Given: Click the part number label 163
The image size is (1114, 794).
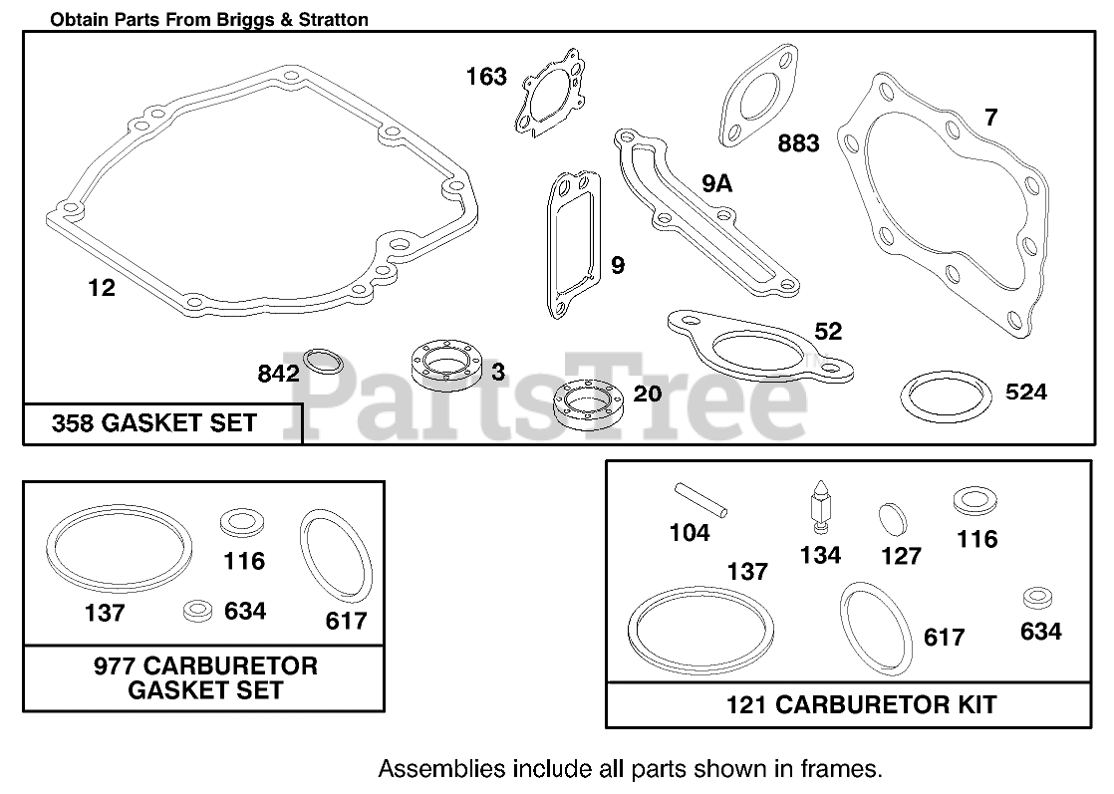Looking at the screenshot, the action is point(486,76).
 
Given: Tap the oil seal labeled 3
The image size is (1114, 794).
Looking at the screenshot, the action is point(446,366).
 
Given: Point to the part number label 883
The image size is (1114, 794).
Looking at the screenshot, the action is point(798,143).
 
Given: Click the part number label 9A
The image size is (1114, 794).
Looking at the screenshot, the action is point(716,184).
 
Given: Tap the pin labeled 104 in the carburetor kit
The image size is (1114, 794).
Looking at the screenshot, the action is point(700,499).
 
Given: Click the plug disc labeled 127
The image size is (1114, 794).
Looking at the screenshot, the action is point(893,519).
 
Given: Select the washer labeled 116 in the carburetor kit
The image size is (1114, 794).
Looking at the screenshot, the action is point(975,501).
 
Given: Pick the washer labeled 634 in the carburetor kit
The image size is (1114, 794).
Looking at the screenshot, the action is point(1037,598).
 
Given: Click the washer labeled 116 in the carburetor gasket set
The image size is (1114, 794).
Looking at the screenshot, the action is point(242,523).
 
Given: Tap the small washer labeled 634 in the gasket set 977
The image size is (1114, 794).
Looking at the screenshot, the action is point(197,611).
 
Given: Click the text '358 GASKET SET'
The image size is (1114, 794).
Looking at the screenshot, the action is point(154,423).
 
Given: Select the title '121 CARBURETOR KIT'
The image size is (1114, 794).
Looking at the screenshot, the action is point(861,704).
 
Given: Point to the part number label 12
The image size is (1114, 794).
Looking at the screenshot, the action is point(102,288).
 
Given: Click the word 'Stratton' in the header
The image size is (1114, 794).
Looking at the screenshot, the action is point(333,19).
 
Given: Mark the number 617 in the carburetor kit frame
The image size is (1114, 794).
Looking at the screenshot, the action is point(945,637).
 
